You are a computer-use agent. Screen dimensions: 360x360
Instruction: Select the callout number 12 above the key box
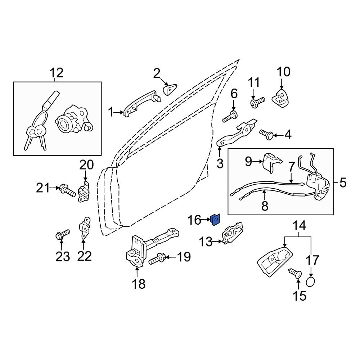tap(57, 73)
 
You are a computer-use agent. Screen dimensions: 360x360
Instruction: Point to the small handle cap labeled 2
tap(170, 89)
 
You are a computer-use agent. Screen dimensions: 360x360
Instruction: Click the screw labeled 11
tap(257, 102)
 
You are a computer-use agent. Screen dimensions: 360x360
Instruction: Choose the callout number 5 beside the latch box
tap(343, 183)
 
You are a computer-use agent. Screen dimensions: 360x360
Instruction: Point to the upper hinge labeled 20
tap(84, 192)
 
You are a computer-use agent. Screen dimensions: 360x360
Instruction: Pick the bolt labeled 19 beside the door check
tap(156, 258)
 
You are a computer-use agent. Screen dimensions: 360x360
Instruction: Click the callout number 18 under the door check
tap(139, 284)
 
